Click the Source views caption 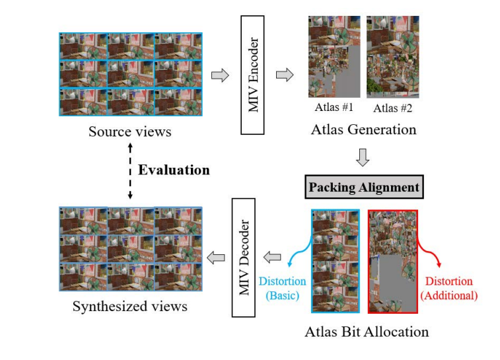[129, 131]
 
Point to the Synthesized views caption [129, 306]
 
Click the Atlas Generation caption [363, 129]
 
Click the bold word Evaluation [174, 170]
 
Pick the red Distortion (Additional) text [448, 289]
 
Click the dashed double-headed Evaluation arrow [129, 170]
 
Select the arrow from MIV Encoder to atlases [284, 75]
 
